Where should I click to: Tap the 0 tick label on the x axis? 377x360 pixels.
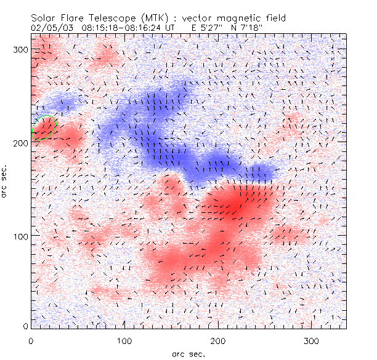[31, 340]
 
